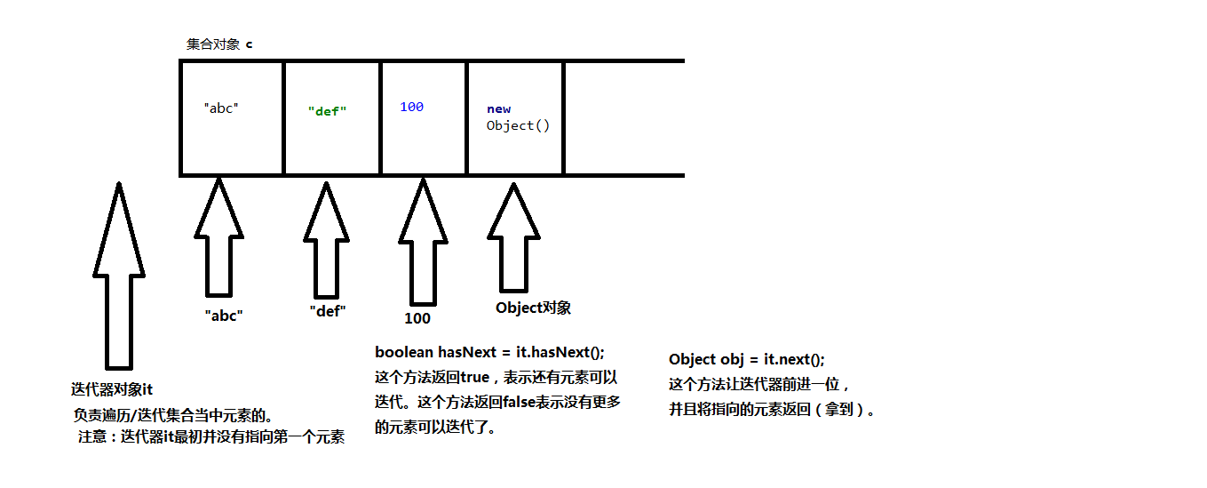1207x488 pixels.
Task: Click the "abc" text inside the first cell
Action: (x=221, y=108)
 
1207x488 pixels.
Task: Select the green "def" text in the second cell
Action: (x=327, y=112)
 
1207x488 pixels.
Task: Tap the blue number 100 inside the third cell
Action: (x=411, y=107)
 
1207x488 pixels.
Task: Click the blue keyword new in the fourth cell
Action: (x=498, y=109)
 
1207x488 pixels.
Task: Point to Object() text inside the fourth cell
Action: (x=518, y=125)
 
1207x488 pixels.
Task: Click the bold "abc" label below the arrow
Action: (x=223, y=316)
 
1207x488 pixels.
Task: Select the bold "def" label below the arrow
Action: (x=327, y=311)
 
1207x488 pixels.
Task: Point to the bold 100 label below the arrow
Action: (x=417, y=318)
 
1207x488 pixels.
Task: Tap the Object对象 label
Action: (x=533, y=308)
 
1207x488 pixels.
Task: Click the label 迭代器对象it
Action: (x=112, y=389)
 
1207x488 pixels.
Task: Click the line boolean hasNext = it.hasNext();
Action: (x=489, y=352)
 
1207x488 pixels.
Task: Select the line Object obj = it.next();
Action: (x=746, y=359)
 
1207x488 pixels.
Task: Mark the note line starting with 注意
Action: (x=210, y=436)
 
